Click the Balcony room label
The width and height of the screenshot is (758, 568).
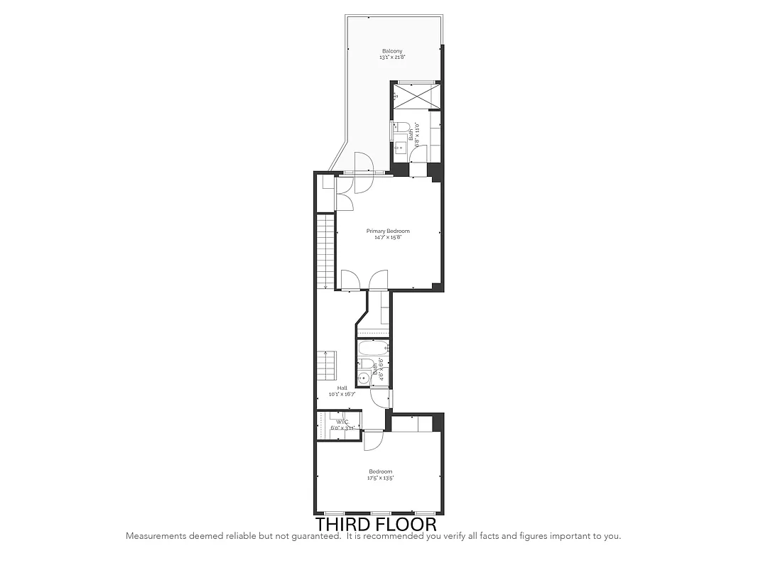(x=392, y=51)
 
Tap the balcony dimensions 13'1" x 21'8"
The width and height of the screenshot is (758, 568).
(x=392, y=58)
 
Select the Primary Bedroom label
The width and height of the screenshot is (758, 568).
(x=388, y=231)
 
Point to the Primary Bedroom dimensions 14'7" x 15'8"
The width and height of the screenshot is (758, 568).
(x=388, y=237)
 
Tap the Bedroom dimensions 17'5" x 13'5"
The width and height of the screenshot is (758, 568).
(x=380, y=479)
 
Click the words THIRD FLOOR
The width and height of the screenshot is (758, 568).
(x=376, y=524)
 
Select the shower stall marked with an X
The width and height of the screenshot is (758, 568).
(x=416, y=96)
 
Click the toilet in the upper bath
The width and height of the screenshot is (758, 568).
(x=403, y=128)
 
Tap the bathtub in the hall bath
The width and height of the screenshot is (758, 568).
(x=372, y=349)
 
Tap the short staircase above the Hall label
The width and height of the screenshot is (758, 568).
(x=327, y=364)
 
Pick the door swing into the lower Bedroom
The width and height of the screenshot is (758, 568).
(x=374, y=439)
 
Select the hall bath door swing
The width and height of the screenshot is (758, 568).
(x=380, y=398)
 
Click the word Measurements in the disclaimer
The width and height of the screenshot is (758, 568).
(x=157, y=536)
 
